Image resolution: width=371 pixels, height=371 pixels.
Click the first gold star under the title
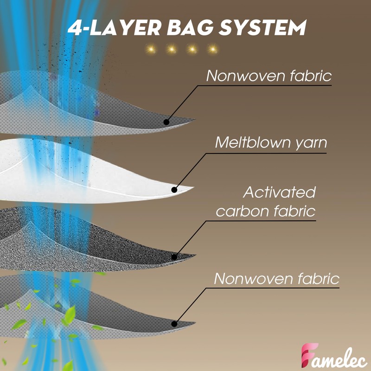point(150,49)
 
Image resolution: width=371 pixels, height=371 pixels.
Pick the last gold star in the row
point(212,49)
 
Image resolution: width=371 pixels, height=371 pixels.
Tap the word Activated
point(279,192)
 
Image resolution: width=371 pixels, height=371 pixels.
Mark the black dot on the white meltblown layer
point(174,189)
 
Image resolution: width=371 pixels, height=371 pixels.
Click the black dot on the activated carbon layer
point(174,256)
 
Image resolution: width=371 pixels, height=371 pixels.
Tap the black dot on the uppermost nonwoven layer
point(166,122)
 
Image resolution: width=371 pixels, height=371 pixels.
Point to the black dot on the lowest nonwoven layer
point(174,324)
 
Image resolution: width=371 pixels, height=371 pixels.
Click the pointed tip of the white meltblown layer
point(192,188)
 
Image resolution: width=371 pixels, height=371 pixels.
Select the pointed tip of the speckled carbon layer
point(195,256)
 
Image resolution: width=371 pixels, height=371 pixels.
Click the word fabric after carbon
point(293,211)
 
